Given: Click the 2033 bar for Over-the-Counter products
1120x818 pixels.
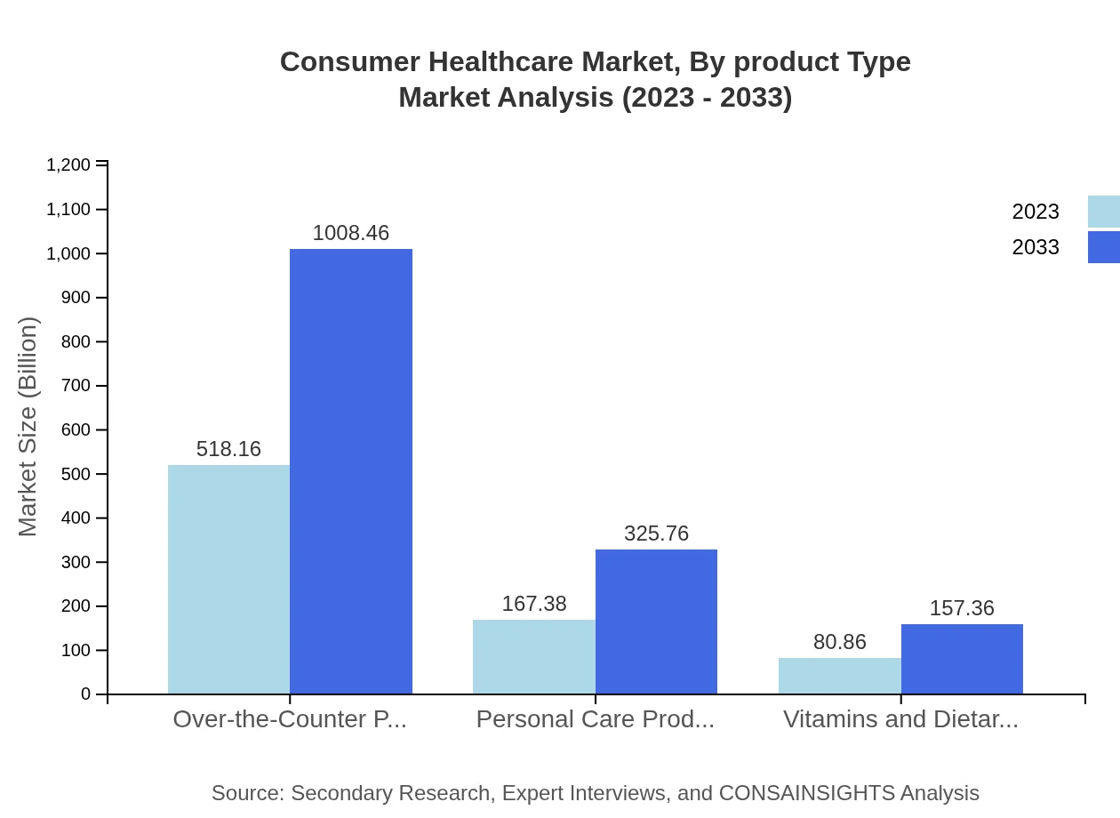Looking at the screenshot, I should (x=351, y=471).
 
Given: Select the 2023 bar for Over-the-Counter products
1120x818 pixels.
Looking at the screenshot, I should (x=228, y=579).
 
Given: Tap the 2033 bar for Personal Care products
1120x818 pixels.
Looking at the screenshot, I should (x=656, y=622).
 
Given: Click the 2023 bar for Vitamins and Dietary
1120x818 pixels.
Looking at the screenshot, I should (x=839, y=676).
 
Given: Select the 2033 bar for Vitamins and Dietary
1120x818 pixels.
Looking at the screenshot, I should (x=962, y=659).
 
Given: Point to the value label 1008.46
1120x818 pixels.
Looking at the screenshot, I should (x=351, y=233).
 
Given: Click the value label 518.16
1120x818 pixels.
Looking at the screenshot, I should (x=228, y=449).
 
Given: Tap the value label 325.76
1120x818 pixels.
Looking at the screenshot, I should (x=656, y=533).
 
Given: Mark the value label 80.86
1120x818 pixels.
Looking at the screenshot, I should (x=839, y=642).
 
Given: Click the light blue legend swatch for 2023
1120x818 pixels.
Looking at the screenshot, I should (x=1103, y=212).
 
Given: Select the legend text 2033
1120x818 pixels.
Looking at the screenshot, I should (x=1036, y=247).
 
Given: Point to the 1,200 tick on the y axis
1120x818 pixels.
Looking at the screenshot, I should (x=68, y=164).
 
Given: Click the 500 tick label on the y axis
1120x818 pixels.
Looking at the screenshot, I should (x=76, y=474).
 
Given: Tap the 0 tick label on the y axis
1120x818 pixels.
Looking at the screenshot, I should (x=86, y=694).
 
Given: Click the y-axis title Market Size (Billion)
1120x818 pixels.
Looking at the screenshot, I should (x=28, y=427).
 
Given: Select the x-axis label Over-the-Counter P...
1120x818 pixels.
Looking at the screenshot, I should (x=290, y=719).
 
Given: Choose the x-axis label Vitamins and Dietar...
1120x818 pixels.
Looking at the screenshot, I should (x=900, y=719).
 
